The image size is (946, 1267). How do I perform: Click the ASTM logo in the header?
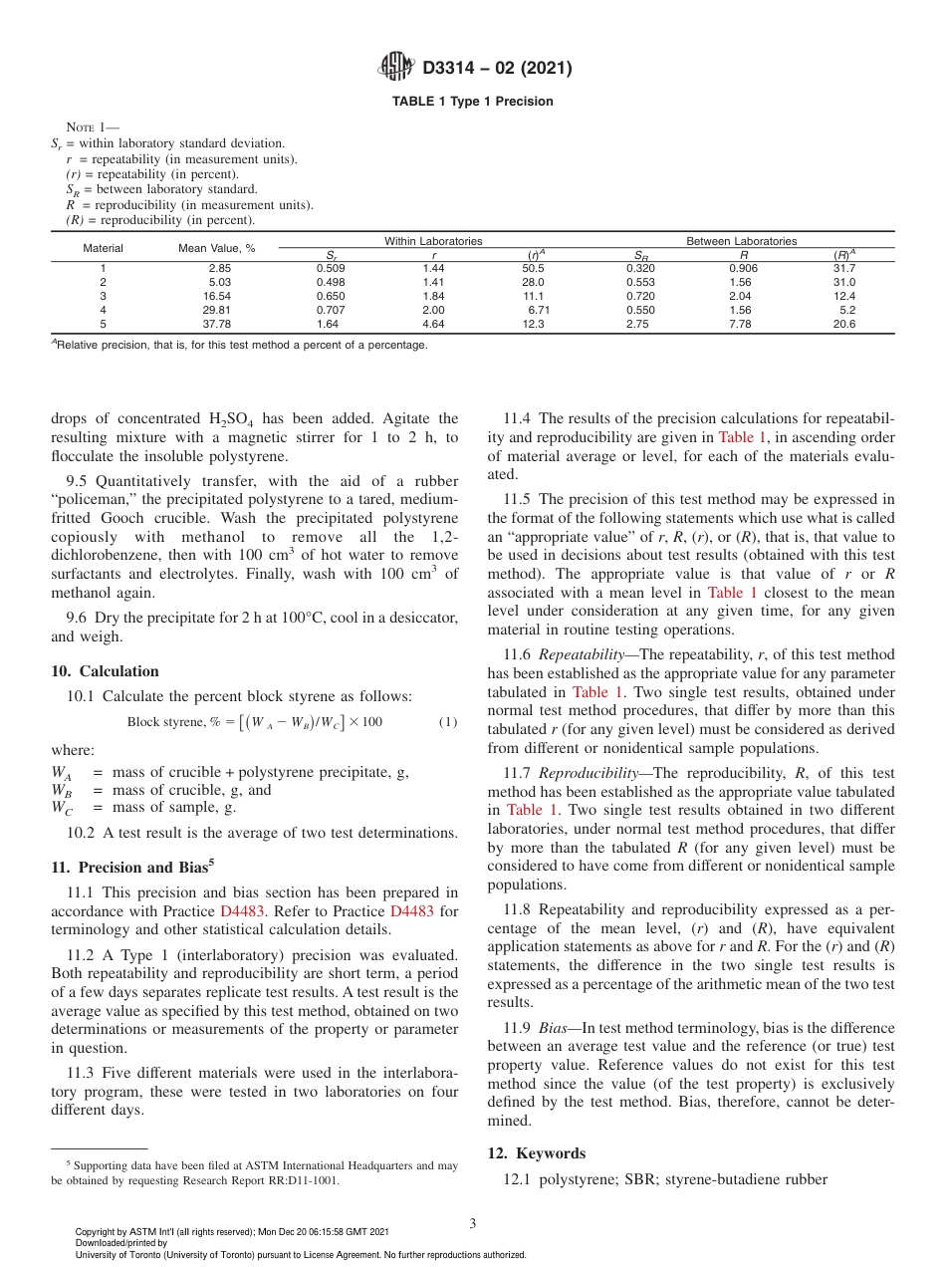397,68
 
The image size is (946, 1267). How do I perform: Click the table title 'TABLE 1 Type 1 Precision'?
472,102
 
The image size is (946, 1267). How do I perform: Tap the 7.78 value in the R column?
739,324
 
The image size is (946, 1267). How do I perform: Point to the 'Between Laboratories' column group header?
741,241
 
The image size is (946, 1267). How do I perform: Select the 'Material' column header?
103,248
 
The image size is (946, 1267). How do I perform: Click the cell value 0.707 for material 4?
331,310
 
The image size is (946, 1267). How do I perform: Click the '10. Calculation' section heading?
105,671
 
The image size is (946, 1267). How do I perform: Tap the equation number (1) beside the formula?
448,721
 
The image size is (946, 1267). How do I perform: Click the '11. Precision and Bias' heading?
129,868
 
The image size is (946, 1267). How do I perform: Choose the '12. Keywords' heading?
536,1153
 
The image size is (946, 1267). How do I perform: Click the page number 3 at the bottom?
472,1223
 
